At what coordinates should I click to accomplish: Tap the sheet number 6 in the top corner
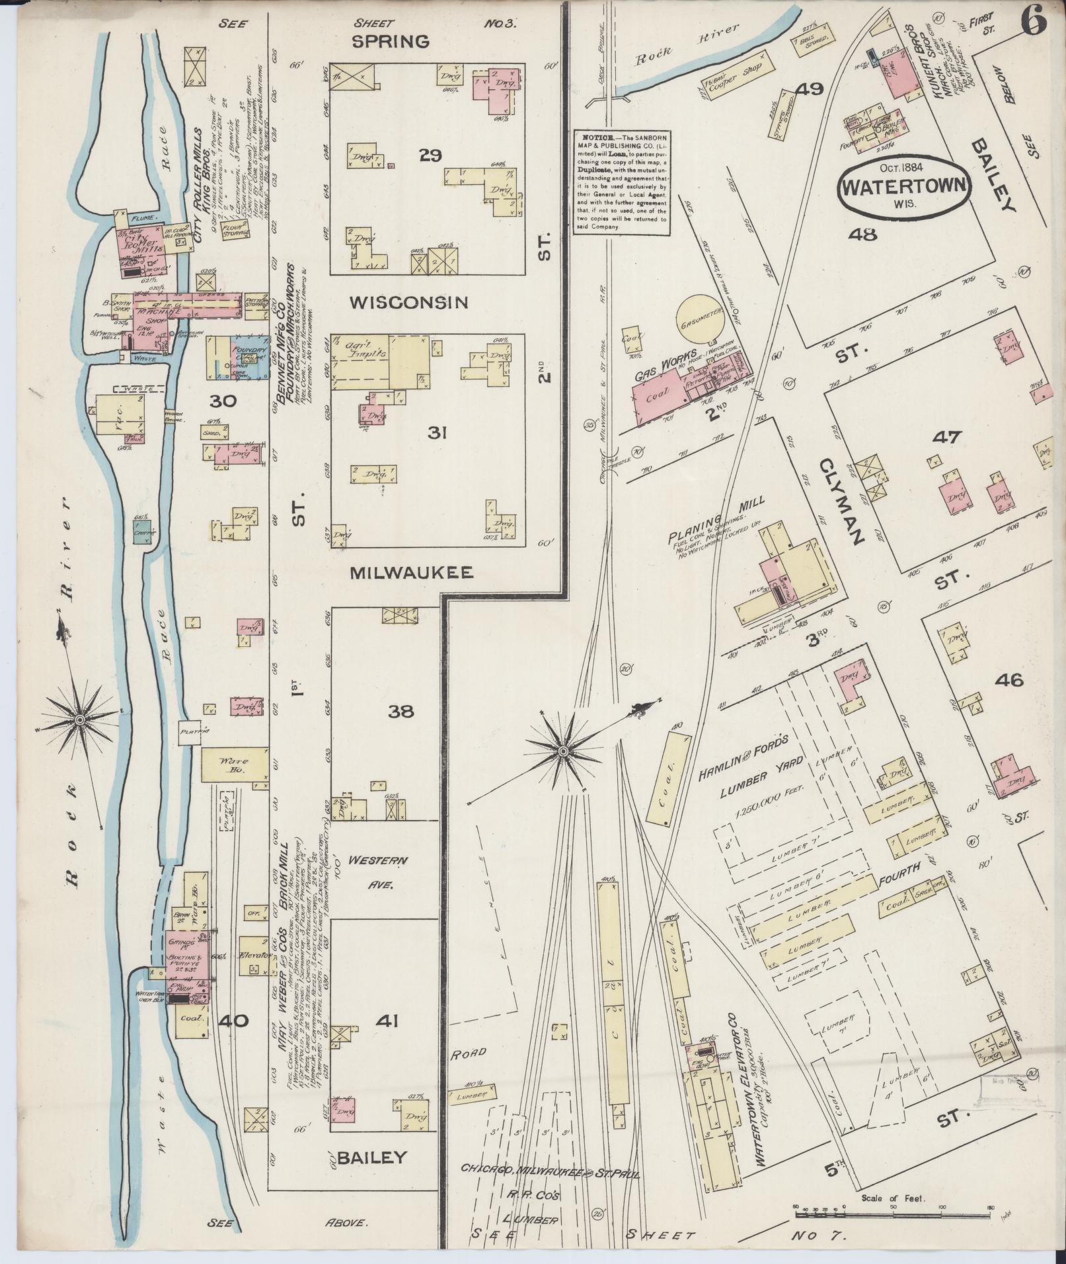[x=1034, y=24]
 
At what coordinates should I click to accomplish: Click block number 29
[x=430, y=155]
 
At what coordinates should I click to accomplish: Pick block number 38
[x=401, y=712]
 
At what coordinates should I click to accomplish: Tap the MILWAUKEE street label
[x=411, y=572]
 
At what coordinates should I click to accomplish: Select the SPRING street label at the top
[x=390, y=42]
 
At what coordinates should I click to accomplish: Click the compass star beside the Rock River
[x=79, y=718]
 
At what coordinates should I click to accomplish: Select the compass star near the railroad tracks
[x=563, y=751]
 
